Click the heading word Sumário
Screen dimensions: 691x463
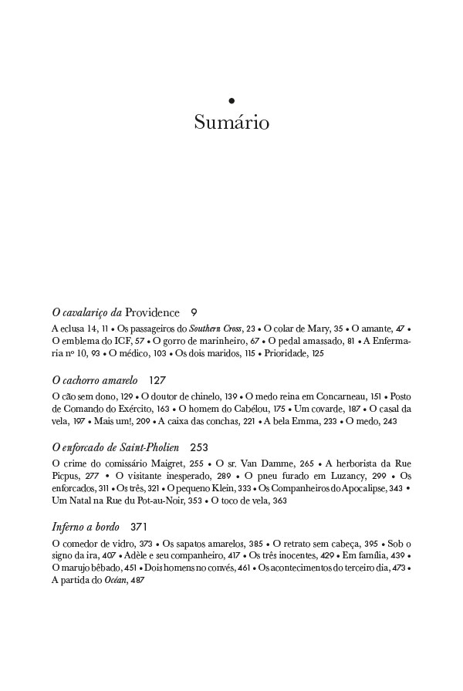[x=231, y=123]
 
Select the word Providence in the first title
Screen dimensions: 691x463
[x=152, y=312]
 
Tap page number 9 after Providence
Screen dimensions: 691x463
[x=194, y=312]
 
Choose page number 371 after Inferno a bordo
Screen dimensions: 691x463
[x=139, y=528]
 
